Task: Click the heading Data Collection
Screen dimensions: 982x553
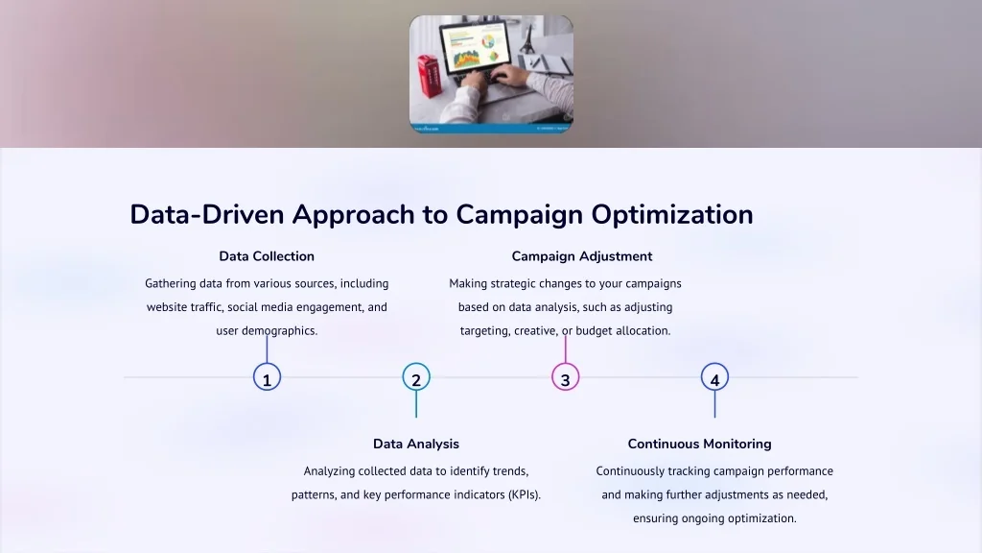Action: [x=267, y=255]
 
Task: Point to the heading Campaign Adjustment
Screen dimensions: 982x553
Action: [x=582, y=256]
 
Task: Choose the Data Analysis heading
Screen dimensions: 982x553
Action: [x=416, y=444]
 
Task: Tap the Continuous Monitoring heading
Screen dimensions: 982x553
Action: [x=699, y=444]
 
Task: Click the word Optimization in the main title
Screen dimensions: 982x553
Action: [x=672, y=215]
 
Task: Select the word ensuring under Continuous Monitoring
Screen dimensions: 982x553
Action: [x=655, y=518]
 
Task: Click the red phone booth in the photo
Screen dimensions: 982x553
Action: [x=429, y=76]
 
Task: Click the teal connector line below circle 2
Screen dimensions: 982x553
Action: [x=416, y=404]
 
